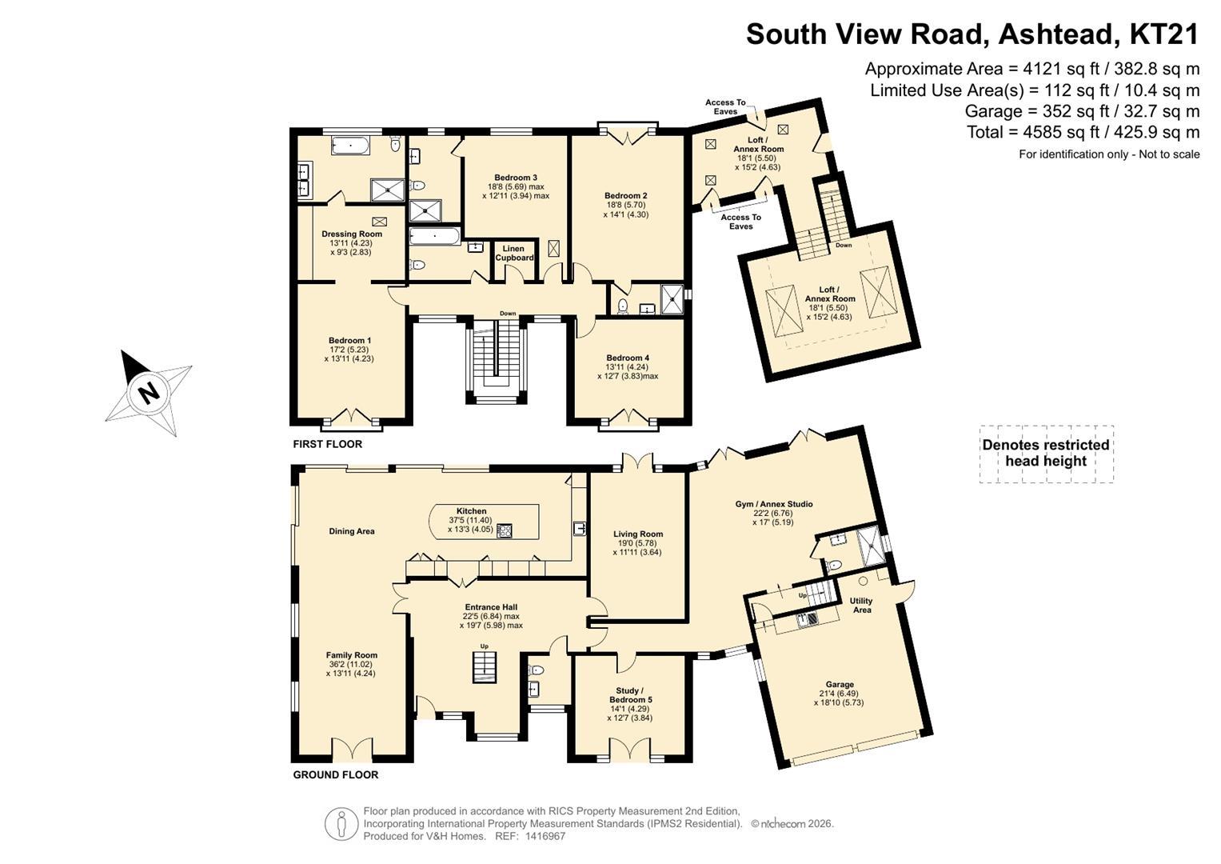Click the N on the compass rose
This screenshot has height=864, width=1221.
click(148, 392)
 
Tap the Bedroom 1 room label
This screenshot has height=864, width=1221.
click(349, 340)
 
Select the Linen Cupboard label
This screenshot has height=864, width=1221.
click(514, 253)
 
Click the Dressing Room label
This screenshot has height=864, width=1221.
click(352, 234)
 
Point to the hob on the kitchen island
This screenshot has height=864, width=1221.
click(505, 530)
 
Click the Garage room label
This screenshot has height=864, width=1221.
click(840, 684)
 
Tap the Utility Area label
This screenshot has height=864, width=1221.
click(861, 606)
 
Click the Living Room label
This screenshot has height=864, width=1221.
click(638, 534)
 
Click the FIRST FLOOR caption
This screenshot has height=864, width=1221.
click(327, 444)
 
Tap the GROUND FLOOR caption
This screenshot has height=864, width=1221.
click(335, 774)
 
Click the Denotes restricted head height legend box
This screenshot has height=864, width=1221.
click(1046, 454)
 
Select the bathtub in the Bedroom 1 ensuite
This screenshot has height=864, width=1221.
click(351, 146)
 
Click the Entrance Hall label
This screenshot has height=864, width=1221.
click(491, 606)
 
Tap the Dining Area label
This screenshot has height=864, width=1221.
click(352, 531)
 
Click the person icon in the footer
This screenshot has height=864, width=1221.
click(341, 823)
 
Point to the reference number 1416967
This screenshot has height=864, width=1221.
click(545, 836)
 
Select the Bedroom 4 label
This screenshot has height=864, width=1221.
click(628, 358)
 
